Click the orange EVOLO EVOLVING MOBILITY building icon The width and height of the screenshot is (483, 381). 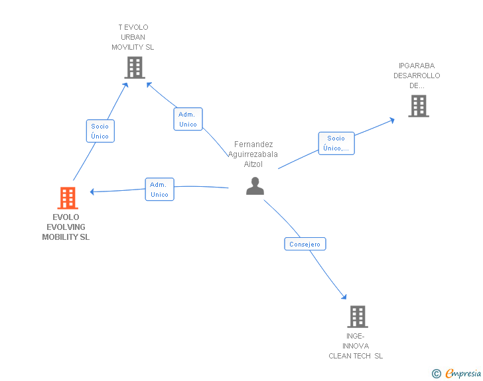pyautogui.click(x=68, y=198)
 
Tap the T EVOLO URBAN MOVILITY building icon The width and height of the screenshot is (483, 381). pyautogui.click(x=135, y=68)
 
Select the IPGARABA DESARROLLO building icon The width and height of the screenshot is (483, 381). pyautogui.click(x=419, y=106)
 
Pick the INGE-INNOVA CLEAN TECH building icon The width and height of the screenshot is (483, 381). pyautogui.click(x=358, y=316)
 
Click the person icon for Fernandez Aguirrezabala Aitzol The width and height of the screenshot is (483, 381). pyautogui.click(x=255, y=186)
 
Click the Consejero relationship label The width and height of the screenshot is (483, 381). pyautogui.click(x=305, y=244)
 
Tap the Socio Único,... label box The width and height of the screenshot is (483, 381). pyautogui.click(x=336, y=143)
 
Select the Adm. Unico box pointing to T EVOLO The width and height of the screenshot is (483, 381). pyautogui.click(x=188, y=119)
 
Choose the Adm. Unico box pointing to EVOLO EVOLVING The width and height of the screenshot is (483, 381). pyautogui.click(x=159, y=190)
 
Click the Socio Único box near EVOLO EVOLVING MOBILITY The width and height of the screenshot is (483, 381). pyautogui.click(x=100, y=131)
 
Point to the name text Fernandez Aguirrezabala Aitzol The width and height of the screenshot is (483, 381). pyautogui.click(x=253, y=154)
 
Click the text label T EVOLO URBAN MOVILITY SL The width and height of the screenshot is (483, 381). pyautogui.click(x=133, y=37)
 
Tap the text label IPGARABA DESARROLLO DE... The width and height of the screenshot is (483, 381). pyautogui.click(x=417, y=76)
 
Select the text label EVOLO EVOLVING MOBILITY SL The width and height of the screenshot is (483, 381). pyautogui.click(x=66, y=227)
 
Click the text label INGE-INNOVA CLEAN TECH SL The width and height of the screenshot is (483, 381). pyautogui.click(x=356, y=346)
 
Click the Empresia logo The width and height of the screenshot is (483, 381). pyautogui.click(x=463, y=373)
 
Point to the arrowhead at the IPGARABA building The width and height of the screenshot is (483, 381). pyautogui.click(x=392, y=120)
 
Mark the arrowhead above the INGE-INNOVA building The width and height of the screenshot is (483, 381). pyautogui.click(x=344, y=297)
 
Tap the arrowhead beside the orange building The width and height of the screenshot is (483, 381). pyautogui.click(x=92, y=191)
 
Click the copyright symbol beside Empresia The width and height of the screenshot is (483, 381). pyautogui.click(x=437, y=374)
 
